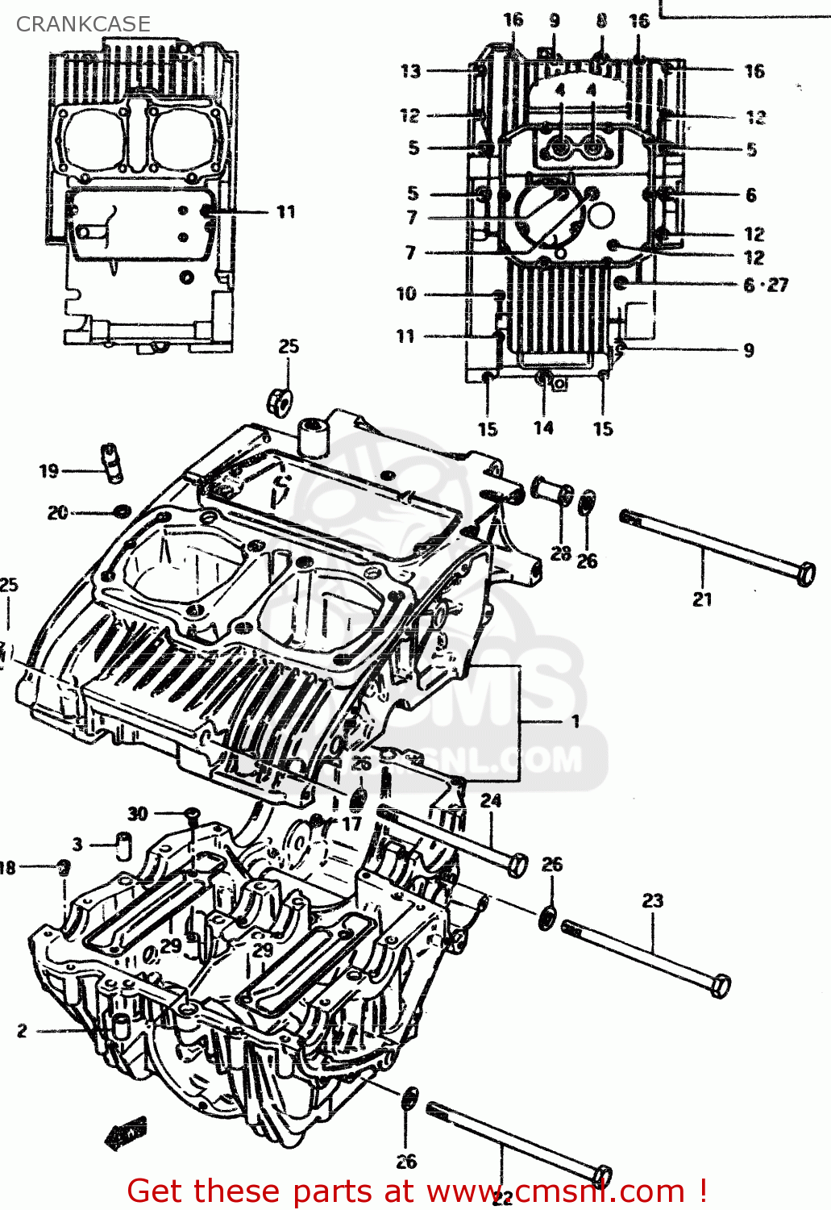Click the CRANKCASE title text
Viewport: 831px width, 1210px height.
(83, 24)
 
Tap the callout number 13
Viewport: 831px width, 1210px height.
(410, 71)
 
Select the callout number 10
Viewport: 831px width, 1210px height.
(406, 294)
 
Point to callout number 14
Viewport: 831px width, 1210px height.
(543, 428)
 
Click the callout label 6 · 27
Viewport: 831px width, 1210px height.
(765, 285)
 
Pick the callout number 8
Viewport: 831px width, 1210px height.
(601, 21)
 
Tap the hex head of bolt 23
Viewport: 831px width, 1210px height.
(721, 986)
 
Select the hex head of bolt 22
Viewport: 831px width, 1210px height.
(601, 1176)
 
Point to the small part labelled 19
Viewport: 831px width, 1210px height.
(110, 463)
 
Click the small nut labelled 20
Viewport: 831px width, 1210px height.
(122, 511)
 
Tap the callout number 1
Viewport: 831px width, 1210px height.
(575, 721)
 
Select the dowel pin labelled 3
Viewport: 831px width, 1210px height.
(123, 844)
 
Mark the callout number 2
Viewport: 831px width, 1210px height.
(22, 1030)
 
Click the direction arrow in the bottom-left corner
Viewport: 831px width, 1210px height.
(126, 1134)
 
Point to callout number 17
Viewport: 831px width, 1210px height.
(351, 824)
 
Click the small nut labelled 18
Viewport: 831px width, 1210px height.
(64, 867)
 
